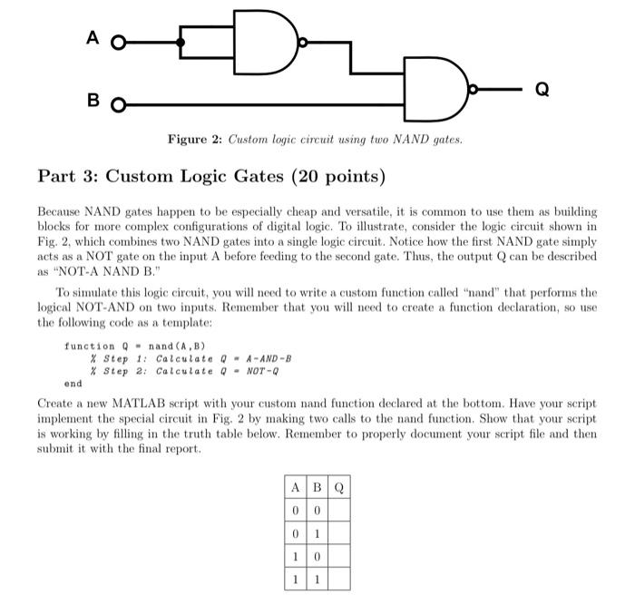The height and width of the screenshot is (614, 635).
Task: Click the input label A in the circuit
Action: [x=92, y=39]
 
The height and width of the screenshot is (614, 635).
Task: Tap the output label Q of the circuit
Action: [x=542, y=89]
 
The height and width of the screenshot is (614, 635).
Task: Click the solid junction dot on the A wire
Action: [x=181, y=42]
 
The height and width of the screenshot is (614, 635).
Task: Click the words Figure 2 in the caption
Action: [x=194, y=139]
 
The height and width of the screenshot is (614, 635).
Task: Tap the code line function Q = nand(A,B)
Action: [x=135, y=346]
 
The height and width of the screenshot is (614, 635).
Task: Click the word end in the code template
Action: [x=73, y=384]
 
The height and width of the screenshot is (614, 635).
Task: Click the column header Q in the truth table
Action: [x=338, y=487]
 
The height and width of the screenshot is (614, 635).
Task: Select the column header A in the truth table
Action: [x=296, y=487]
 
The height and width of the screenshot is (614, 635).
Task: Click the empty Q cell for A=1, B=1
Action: [x=338, y=578]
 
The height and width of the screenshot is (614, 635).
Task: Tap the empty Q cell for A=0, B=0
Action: [x=338, y=510]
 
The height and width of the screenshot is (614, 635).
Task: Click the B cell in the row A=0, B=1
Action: [x=316, y=532]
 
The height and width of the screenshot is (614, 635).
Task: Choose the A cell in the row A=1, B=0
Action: [x=296, y=555]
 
